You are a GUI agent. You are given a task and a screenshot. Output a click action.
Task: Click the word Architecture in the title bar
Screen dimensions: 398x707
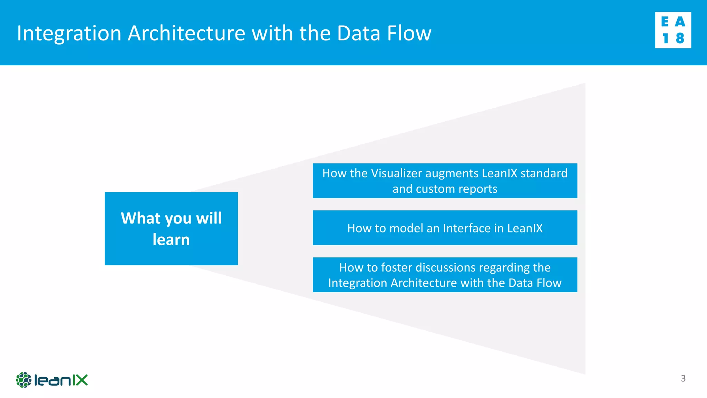(x=186, y=34)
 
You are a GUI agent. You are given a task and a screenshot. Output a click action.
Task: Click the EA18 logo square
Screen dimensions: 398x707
(x=673, y=30)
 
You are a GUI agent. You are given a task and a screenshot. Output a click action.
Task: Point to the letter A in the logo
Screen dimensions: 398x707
(x=680, y=22)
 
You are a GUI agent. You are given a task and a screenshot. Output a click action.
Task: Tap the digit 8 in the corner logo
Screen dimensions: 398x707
(x=680, y=38)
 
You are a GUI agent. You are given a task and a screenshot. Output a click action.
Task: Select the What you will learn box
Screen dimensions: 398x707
(x=171, y=228)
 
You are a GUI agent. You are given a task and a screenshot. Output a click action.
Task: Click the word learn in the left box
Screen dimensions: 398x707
(x=171, y=239)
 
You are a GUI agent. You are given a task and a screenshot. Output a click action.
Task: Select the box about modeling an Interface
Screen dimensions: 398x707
(x=445, y=228)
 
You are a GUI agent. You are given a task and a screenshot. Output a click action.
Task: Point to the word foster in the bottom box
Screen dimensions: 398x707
(x=397, y=267)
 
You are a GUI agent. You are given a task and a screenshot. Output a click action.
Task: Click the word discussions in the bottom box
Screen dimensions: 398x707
(x=446, y=267)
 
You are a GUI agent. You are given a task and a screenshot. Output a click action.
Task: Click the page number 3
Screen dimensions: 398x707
(x=683, y=378)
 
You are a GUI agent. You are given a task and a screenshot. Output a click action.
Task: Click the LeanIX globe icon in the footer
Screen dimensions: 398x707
(x=23, y=380)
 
